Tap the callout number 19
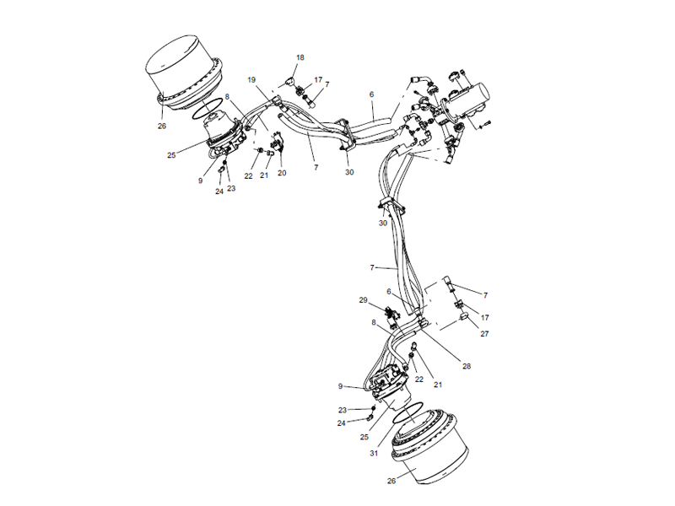pos(251,79)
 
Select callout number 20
pos(282,173)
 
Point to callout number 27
pos(484,334)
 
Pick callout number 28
pos(466,365)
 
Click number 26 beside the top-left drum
pos(161,126)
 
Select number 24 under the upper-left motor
pos(219,191)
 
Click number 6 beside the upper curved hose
pos(370,95)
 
